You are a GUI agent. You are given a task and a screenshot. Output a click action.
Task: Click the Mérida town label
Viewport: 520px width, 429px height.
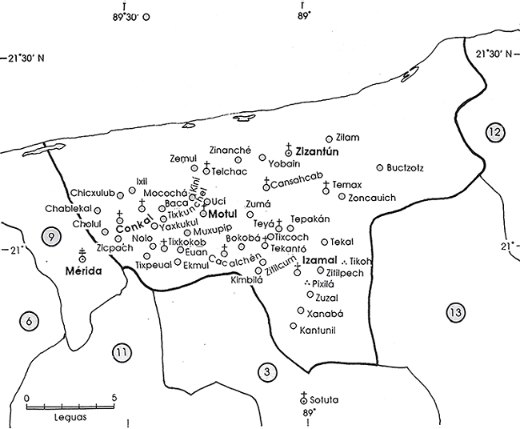pyautogui.click(x=84, y=272)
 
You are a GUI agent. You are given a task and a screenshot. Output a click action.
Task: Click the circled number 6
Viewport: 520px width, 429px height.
pyautogui.click(x=29, y=322)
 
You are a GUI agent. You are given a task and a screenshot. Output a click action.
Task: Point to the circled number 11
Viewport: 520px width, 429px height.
pyautogui.click(x=121, y=352)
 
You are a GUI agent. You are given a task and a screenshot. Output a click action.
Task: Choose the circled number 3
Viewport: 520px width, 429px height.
pyautogui.click(x=266, y=371)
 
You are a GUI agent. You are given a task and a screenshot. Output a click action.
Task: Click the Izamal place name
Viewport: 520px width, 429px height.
pyautogui.click(x=320, y=261)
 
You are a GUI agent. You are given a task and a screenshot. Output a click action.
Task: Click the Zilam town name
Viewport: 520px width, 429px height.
pyautogui.click(x=346, y=138)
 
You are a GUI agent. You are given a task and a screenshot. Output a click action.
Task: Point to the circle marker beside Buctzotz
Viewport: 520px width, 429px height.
pyautogui.click(x=379, y=168)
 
